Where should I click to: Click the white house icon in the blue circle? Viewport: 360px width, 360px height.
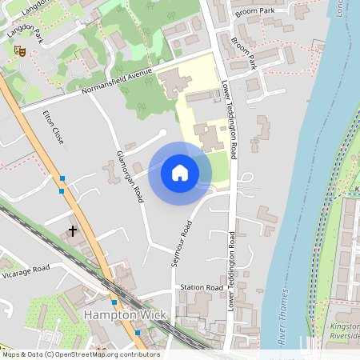(x=180, y=173)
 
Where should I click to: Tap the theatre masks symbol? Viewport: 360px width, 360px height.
(x=19, y=51)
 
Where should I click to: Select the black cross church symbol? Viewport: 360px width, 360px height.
(x=73, y=231)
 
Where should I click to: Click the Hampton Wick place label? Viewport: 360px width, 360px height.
(x=125, y=315)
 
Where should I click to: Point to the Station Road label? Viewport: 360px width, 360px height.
(x=201, y=287)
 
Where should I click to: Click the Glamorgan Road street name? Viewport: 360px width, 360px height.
(x=130, y=175)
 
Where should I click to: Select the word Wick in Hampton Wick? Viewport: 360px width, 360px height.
(x=151, y=315)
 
